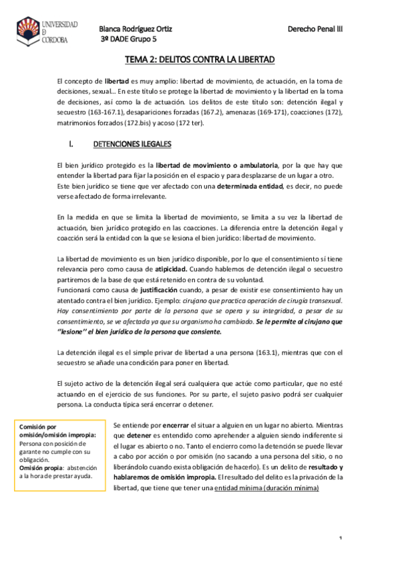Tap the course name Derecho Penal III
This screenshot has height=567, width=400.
pos(315,29)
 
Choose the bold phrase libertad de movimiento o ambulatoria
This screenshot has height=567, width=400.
pos(217,164)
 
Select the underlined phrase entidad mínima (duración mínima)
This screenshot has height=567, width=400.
pos(267,488)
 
